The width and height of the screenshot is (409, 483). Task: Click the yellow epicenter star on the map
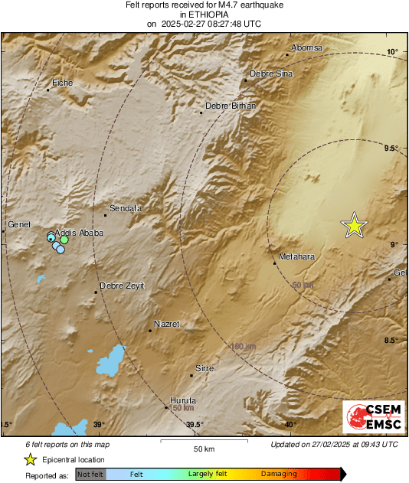354,225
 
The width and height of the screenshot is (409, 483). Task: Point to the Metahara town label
297,256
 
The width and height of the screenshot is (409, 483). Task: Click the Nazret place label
166,324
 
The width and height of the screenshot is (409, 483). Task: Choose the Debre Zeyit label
122,286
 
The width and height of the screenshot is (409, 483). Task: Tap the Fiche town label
61,83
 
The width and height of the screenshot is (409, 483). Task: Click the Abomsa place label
308,48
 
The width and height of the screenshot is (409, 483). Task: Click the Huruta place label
183,400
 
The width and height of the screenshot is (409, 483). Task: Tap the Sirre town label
204,369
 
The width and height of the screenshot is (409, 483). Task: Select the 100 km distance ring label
243,347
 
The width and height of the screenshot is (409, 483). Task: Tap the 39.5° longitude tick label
195,425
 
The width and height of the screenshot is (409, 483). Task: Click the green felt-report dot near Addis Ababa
65,240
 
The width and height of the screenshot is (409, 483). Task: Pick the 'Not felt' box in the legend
90,474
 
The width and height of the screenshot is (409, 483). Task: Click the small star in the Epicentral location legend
30,459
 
